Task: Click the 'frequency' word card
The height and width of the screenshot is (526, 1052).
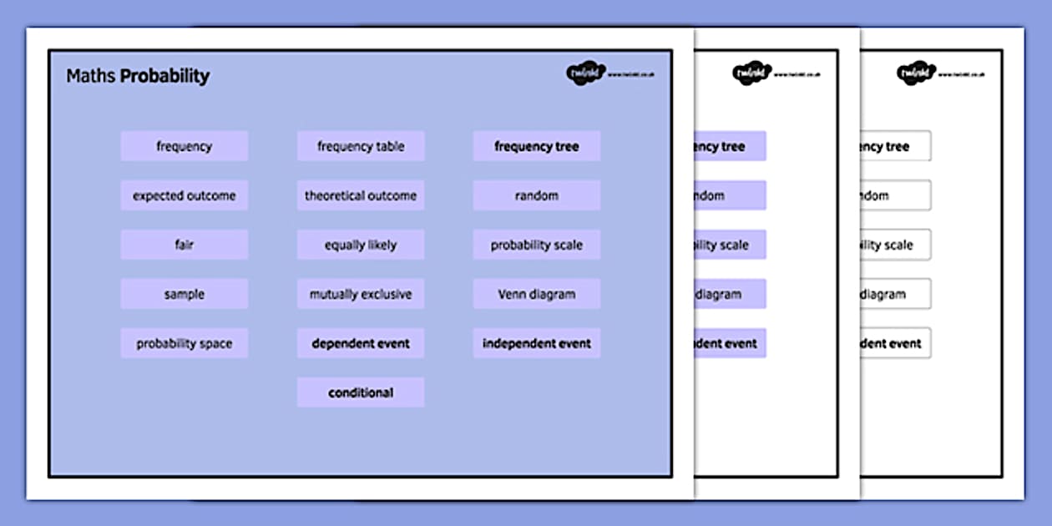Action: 184,146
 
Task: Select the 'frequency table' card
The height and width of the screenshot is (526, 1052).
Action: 361,146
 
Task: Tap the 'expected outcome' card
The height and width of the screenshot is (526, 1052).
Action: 184,195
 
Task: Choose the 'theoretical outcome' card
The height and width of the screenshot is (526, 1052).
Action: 361,195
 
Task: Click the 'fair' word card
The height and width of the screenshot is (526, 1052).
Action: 184,245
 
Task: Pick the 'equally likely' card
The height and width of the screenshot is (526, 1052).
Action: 361,245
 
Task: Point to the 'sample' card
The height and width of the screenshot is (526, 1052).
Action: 184,294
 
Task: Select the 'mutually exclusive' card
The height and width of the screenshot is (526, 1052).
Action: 361,294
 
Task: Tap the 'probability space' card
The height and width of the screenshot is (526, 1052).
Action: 184,343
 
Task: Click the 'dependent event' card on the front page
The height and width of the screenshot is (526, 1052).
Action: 361,343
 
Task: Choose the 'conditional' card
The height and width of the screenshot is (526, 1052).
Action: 361,392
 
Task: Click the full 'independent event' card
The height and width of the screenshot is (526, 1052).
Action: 536,343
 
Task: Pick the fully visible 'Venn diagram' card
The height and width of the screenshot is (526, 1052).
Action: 536,294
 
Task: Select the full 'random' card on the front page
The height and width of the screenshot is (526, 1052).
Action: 536,195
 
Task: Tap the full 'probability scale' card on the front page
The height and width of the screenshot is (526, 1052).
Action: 536,245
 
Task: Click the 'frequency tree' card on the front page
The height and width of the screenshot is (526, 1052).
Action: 536,146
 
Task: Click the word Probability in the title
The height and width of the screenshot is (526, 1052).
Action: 164,76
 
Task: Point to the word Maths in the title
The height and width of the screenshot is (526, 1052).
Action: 91,76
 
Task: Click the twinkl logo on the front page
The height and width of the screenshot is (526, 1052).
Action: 585,73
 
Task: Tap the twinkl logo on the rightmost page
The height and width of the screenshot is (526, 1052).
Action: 917,73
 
